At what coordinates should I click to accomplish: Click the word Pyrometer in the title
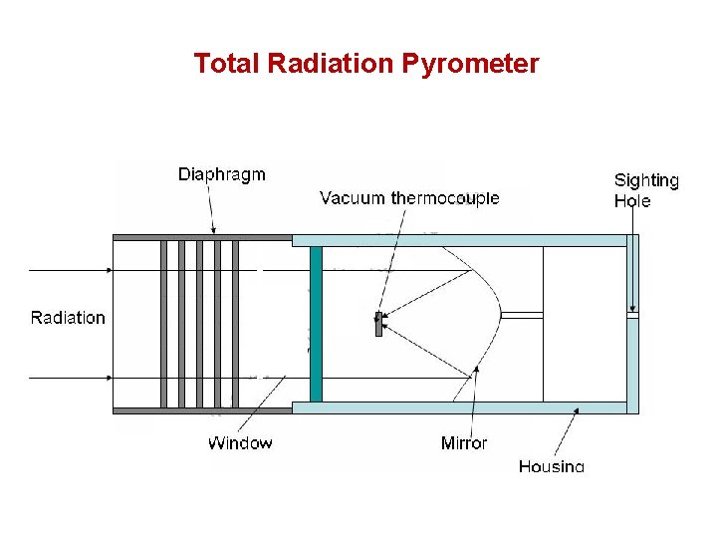pos(471,65)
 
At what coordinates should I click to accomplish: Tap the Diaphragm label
pos(222,174)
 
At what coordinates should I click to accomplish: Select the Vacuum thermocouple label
pos(409,197)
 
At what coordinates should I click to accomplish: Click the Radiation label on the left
pos(68,318)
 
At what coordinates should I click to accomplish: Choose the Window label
pos(240,442)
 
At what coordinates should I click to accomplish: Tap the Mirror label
pos(464,442)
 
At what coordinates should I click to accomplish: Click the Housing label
pos(551,465)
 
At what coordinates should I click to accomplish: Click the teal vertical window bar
pos(316,324)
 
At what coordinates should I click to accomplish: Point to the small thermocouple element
pos(378,324)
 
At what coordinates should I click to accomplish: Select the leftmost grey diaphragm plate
pos(164,324)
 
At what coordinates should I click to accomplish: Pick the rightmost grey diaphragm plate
pos(236,324)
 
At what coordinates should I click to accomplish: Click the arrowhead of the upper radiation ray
pos(109,270)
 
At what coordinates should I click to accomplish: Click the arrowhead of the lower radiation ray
pos(109,378)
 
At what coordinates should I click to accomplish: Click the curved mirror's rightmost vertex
pos(500,315)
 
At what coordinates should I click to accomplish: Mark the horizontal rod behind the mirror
pos(522,315)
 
